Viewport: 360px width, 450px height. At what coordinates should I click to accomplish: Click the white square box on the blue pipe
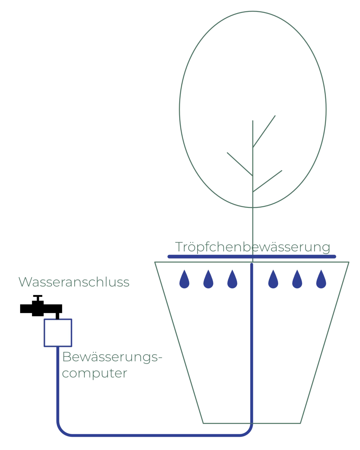58,333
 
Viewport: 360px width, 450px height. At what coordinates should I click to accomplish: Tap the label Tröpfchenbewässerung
253,247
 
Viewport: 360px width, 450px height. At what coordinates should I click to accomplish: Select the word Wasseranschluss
75,282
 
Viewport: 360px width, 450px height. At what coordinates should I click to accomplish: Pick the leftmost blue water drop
183,279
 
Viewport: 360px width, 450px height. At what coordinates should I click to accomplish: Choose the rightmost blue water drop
321,279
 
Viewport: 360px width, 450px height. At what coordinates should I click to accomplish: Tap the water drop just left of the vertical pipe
232,279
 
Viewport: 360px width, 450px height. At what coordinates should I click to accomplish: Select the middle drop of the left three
207,279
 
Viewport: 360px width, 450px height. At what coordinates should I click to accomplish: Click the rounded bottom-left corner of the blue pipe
61,432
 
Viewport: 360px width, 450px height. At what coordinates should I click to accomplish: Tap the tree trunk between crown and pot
253,224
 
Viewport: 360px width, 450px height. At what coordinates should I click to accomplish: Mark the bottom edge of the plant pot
253,422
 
